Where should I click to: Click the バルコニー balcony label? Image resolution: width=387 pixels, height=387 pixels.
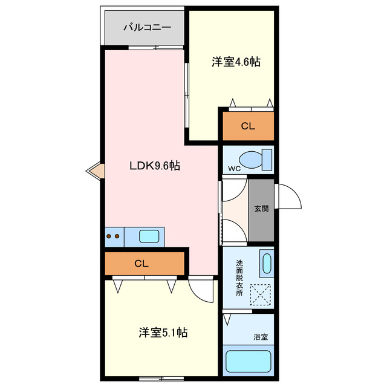point(147,27)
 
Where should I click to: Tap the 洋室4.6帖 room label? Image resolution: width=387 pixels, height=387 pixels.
point(235,61)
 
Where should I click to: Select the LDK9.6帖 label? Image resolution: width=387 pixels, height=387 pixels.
point(154,165)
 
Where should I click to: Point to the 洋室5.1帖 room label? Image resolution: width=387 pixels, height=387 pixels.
point(163,332)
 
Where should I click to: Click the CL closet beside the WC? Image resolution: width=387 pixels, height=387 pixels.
point(248,126)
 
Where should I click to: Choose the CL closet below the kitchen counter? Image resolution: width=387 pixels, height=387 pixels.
point(144,264)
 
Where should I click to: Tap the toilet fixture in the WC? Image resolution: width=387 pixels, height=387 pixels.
point(259,160)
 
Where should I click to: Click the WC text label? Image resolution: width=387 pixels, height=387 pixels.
point(235,169)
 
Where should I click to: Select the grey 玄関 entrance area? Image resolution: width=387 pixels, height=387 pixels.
point(261,209)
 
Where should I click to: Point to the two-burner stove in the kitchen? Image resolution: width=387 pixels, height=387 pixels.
point(112,236)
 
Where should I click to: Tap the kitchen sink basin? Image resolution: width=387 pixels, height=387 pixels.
point(149,236)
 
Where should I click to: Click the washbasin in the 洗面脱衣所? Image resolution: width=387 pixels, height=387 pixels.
point(266,264)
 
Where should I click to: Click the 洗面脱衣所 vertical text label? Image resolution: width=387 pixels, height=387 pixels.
point(239,278)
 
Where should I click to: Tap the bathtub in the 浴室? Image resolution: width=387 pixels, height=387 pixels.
point(247,362)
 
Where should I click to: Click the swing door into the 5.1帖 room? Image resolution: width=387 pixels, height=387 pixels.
point(201,289)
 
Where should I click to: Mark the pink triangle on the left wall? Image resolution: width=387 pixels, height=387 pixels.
point(95,171)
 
